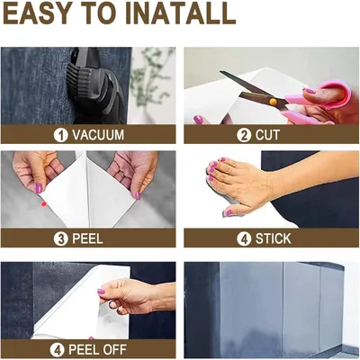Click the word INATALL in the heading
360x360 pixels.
click(x=181, y=13)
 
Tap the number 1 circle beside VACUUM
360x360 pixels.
click(x=61, y=135)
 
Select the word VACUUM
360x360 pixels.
click(x=98, y=135)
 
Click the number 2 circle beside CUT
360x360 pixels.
click(x=244, y=135)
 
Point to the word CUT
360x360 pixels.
click(x=267, y=135)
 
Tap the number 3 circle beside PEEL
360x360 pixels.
click(x=61, y=239)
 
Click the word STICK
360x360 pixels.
click(x=274, y=239)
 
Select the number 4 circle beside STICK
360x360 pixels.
click(x=244, y=239)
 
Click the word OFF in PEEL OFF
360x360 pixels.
click(x=113, y=350)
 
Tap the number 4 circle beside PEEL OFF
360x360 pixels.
click(x=58, y=350)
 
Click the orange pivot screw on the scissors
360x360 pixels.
click(x=274, y=102)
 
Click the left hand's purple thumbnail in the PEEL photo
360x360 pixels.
click(x=39, y=188)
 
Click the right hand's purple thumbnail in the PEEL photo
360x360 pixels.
click(x=138, y=195)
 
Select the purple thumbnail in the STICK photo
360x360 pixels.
click(x=229, y=212)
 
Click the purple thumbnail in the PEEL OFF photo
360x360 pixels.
click(x=102, y=292)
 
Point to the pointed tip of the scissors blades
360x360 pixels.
click(x=220, y=72)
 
